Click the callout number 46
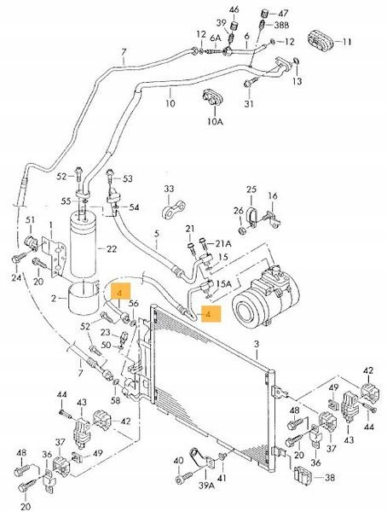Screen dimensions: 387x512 coord(234,9)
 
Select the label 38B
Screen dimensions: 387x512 coord(281,25)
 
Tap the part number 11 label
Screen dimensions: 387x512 coord(347,42)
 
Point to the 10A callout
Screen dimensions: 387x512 coord(215,122)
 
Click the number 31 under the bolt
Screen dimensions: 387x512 coord(249,103)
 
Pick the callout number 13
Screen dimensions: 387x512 coord(297,81)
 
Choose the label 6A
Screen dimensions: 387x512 coord(215,38)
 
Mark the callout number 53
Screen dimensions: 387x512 coord(128,178)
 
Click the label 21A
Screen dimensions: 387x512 coord(223,243)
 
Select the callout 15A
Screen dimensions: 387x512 coord(223,283)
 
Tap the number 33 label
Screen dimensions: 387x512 coord(169,189)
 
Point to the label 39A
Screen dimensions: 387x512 coord(207,486)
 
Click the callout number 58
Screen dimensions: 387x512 coord(115,400)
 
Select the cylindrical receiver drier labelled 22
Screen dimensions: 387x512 coord(84,246)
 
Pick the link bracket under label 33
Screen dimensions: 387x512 coord(174,210)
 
